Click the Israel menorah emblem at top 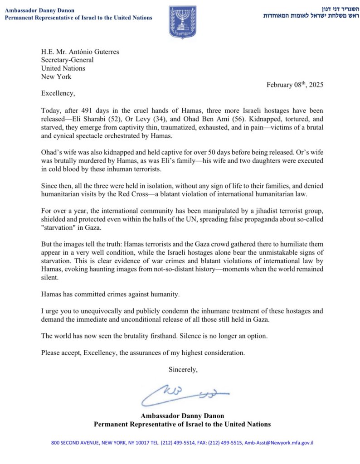[183, 22]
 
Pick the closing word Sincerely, [183, 369]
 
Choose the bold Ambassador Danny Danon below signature [182, 415]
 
